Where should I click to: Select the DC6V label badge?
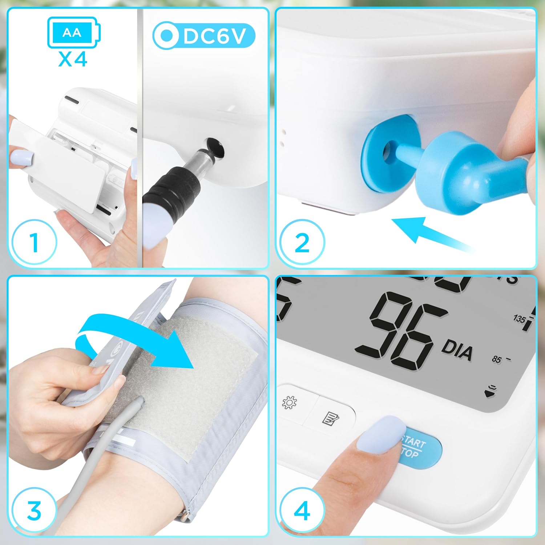click(x=204, y=36)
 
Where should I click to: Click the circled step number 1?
click(x=35, y=242)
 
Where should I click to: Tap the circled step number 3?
click(x=35, y=511)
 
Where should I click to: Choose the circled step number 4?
click(x=302, y=510)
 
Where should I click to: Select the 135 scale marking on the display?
click(x=519, y=319)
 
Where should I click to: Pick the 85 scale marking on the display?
click(x=496, y=359)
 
